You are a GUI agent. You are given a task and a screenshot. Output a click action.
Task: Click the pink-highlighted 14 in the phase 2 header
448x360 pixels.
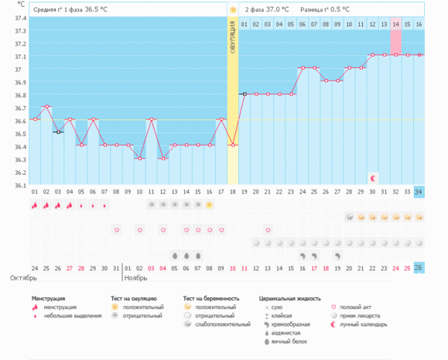(x=396, y=25)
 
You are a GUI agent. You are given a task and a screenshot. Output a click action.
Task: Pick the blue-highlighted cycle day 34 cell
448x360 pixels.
(x=419, y=191)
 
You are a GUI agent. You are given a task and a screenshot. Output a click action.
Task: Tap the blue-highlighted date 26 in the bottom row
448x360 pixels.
(x=419, y=268)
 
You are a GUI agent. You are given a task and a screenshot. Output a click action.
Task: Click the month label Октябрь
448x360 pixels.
(x=24, y=278)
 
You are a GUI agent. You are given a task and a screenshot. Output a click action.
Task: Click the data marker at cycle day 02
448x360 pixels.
(x=47, y=107)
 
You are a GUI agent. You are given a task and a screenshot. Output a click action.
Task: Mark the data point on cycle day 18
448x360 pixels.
(x=232, y=145)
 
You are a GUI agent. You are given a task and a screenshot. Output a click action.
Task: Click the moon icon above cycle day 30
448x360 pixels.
(x=372, y=178)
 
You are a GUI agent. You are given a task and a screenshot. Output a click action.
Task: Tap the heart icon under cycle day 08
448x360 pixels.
(x=116, y=230)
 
